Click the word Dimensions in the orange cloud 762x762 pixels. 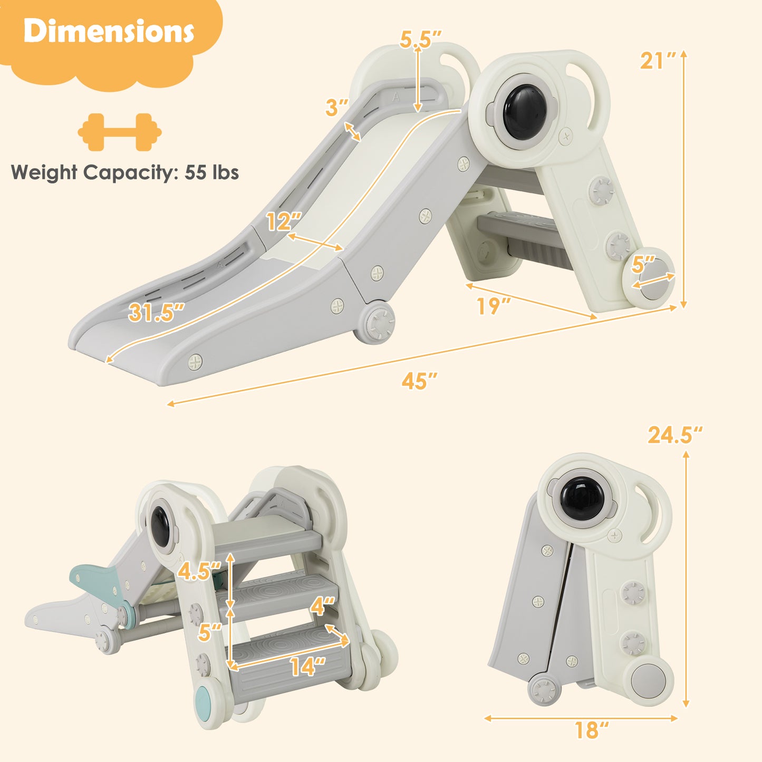109,32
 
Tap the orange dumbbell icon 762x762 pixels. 120,132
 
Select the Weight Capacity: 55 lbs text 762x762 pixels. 125,173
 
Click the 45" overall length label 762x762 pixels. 419,381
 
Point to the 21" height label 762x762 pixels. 658,61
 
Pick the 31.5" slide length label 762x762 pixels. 157,313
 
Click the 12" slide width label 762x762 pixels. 284,222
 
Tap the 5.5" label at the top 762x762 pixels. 420,40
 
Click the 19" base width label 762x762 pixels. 494,306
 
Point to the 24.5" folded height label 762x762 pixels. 675,435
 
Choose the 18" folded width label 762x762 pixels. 591,730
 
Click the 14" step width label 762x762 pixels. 307,667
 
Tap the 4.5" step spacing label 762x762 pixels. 199,571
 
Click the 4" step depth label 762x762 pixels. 323,606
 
